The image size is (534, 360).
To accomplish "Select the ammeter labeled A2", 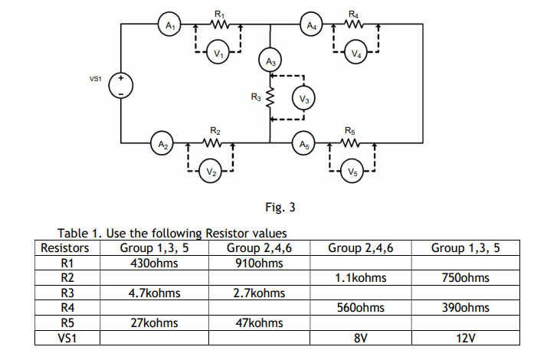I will (x=162, y=142).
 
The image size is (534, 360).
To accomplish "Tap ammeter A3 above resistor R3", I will (x=270, y=60).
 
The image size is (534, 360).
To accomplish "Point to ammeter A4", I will (x=310, y=25).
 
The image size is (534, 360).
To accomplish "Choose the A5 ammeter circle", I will (x=304, y=142).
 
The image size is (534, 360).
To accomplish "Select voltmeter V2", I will (x=210, y=171).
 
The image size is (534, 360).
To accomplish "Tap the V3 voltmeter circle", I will (x=304, y=100).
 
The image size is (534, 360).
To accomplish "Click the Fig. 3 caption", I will (x=280, y=207).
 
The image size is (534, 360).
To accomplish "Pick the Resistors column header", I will (x=64, y=247).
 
